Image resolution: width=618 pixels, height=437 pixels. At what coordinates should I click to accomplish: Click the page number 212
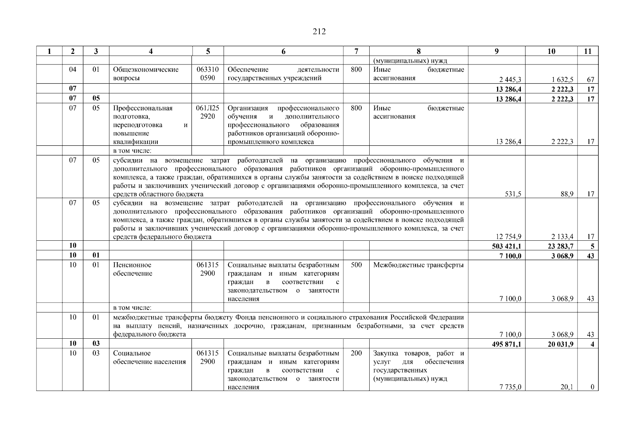319,32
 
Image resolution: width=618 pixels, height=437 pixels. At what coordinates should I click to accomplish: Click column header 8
418,52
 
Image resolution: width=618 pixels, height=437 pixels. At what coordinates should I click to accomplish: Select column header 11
588,52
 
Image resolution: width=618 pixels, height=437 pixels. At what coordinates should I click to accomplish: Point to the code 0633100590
208,74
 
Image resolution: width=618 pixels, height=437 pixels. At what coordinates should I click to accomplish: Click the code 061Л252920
208,112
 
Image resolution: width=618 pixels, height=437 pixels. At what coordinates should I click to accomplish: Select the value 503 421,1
507,247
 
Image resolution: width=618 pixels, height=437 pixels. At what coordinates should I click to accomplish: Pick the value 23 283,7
560,247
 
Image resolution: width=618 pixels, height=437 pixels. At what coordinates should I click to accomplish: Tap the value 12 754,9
508,237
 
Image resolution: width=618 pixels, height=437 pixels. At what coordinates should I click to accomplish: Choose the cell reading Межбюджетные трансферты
418,265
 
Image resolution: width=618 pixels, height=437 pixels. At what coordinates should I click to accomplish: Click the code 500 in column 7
356,265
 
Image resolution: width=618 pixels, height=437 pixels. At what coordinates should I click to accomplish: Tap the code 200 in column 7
356,353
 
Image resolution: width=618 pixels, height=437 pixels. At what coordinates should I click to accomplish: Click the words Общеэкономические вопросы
146,74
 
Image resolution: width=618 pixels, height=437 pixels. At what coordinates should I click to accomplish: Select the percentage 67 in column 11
590,80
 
